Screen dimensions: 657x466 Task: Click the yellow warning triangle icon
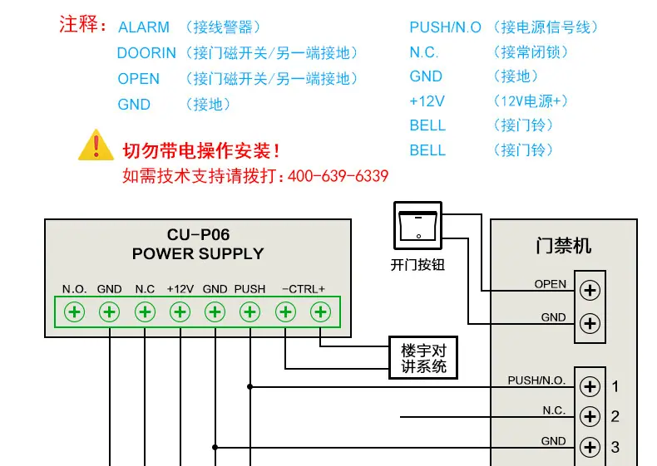[x=96, y=145]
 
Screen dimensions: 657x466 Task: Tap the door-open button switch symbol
[x=417, y=226]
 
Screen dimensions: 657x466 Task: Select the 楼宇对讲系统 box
[x=423, y=357]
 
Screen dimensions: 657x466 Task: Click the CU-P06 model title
[x=198, y=234]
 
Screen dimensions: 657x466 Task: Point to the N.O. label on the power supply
[x=74, y=289]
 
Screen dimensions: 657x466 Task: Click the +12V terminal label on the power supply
[x=180, y=289]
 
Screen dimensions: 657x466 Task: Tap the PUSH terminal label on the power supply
[x=249, y=289]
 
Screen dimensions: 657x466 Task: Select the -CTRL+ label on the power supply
[x=304, y=289]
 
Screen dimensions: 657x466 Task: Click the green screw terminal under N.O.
[x=74, y=312]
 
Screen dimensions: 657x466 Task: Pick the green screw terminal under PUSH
[x=250, y=312]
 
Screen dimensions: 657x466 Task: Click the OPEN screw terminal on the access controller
[x=590, y=290]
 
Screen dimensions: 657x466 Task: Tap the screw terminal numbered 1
[x=590, y=386]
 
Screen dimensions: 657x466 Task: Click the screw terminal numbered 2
[x=590, y=417]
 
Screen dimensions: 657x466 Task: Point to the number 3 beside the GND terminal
[x=615, y=447]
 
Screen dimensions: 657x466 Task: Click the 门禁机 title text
[x=564, y=246]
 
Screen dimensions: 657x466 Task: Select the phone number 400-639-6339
[x=338, y=176]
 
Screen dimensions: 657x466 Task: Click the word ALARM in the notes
[x=144, y=27]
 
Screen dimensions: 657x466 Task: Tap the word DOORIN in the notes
[x=146, y=53]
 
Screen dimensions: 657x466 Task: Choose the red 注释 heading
[x=82, y=24]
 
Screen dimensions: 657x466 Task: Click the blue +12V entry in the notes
[x=427, y=101]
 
